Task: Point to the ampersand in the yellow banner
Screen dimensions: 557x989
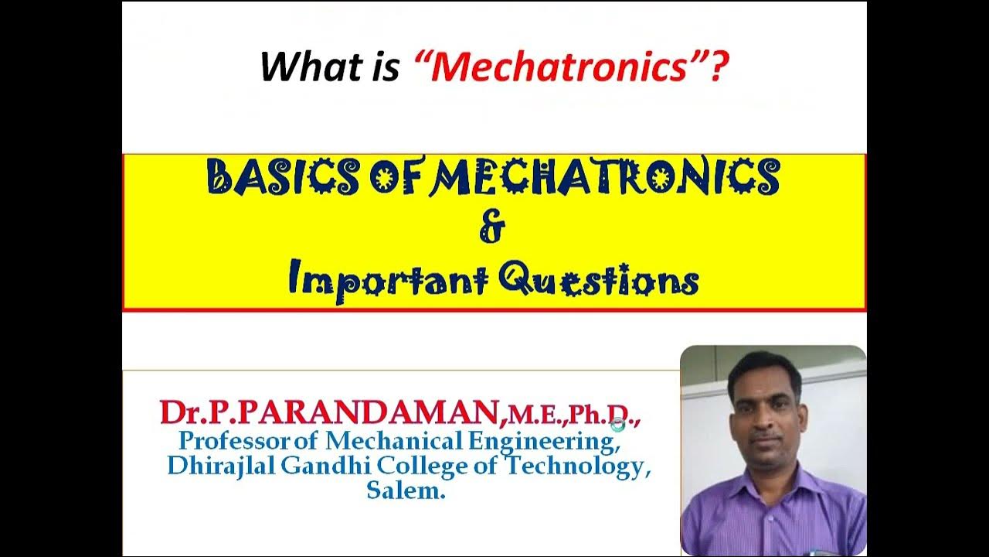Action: [x=492, y=229]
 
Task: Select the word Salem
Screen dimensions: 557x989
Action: [x=406, y=491]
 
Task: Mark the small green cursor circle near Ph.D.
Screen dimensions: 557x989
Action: [x=617, y=423]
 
